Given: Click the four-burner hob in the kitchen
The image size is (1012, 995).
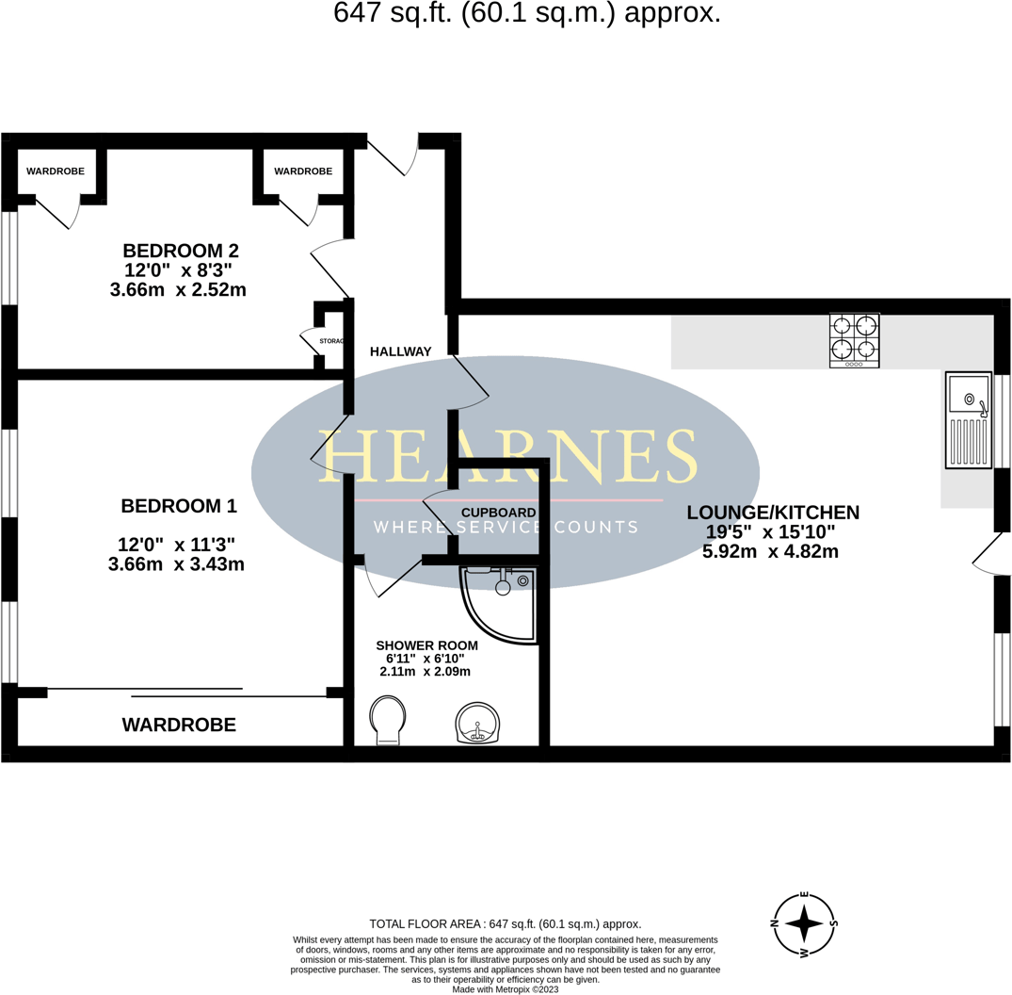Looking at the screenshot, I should click(855, 340).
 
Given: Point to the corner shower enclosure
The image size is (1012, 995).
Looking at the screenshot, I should click(503, 603).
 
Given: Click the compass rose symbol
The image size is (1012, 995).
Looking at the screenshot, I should click(804, 924).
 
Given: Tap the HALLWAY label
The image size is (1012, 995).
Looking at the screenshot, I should click(400, 351).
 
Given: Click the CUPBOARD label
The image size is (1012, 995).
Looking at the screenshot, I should click(498, 513).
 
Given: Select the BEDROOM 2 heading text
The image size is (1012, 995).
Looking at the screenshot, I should click(181, 251).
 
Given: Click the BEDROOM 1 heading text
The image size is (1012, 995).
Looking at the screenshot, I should click(179, 506).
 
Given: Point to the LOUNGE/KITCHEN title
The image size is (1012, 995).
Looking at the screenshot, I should click(773, 513).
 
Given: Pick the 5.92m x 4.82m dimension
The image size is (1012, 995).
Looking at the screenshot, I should click(770, 552).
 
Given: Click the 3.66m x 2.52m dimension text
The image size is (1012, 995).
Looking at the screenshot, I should click(178, 290).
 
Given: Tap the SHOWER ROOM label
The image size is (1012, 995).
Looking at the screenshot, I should click(426, 645).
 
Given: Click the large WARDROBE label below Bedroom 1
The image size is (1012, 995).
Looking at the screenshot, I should click(179, 726).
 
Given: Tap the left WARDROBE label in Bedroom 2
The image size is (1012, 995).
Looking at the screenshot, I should click(55, 171).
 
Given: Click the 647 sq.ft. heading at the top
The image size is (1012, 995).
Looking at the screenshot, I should click(527, 13).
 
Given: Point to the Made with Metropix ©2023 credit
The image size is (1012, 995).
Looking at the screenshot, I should click(505, 989).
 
